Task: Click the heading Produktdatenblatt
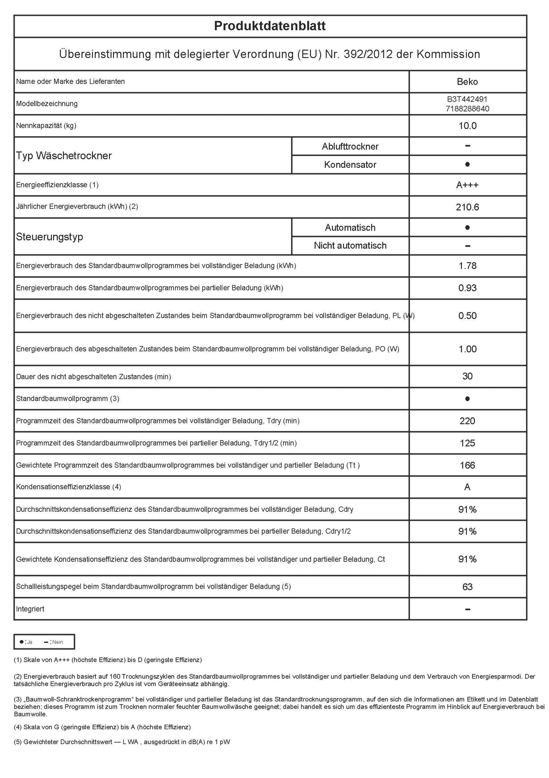pos(270,26)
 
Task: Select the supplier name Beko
pos(467,82)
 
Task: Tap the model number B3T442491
pos(467,99)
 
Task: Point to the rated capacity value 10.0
pos(467,126)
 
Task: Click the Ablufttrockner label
pos(350,147)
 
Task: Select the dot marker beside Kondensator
pos(467,165)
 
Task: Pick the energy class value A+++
pos(467,185)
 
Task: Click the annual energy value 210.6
pos(467,207)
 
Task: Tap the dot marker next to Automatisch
pos(467,227)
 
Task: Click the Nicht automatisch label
pos(350,246)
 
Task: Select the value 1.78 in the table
pos(467,266)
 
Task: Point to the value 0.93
pos(467,288)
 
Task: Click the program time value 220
pos(467,421)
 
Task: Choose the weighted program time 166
pos(467,466)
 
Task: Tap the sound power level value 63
pos(467,587)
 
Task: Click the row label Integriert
pos(30,609)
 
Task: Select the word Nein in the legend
pos(58,642)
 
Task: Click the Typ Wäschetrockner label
pos(64,156)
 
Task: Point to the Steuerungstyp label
pos(49,237)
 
